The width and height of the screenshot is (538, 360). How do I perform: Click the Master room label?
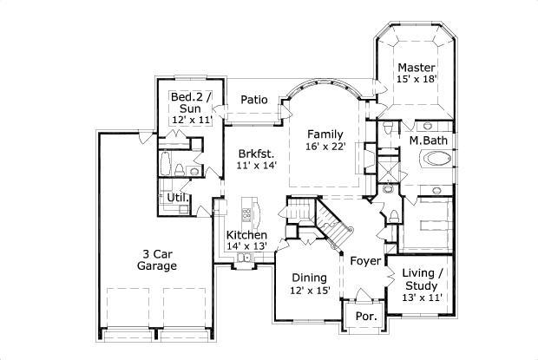pos(416,67)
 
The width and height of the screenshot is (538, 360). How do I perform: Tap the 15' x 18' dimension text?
pos(416,79)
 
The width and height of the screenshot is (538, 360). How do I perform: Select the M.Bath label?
pos(428,140)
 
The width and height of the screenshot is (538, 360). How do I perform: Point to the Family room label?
pos(326,134)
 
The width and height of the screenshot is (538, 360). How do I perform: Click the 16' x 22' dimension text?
pos(326,147)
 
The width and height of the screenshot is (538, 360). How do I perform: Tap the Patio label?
pos(253,99)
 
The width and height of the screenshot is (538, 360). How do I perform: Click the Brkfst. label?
pos(258,154)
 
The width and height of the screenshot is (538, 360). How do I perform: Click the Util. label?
pos(178,199)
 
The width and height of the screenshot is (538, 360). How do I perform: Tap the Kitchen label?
pos(246,235)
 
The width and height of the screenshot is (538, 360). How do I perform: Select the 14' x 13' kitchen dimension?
pos(246,246)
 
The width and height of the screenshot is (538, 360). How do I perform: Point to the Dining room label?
pos(309,278)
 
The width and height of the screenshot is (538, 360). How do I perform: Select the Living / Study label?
pos(423,279)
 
